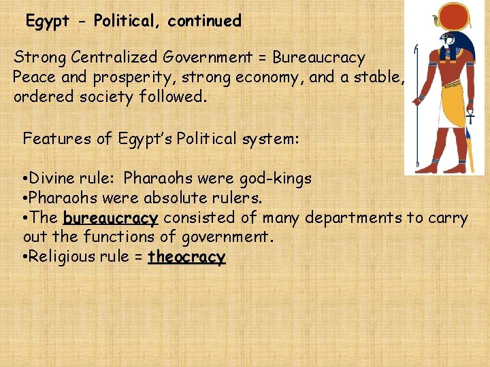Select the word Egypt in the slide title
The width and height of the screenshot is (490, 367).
(48, 21)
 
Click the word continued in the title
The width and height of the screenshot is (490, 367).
(204, 21)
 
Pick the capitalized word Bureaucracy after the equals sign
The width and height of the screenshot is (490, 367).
(318, 58)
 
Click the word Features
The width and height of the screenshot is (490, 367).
(57, 139)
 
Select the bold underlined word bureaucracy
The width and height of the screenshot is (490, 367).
(110, 218)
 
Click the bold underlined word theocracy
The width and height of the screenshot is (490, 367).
(186, 258)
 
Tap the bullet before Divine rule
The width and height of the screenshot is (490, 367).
(24, 179)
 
